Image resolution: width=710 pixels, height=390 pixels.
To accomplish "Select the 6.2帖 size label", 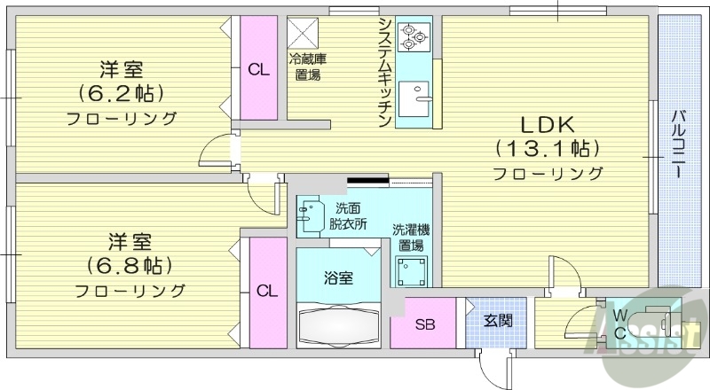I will (x=122, y=92).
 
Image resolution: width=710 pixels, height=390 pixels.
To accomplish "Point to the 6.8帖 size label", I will (x=129, y=265).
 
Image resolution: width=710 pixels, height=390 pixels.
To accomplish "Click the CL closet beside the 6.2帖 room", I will (x=258, y=70).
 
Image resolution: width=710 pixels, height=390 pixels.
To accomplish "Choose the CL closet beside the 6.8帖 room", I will (x=266, y=290).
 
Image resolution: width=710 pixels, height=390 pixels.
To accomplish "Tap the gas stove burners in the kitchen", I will (x=413, y=35).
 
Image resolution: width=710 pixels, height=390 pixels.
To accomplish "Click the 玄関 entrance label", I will (x=497, y=321).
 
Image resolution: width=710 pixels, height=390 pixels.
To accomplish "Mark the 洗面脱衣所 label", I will (x=348, y=215).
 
